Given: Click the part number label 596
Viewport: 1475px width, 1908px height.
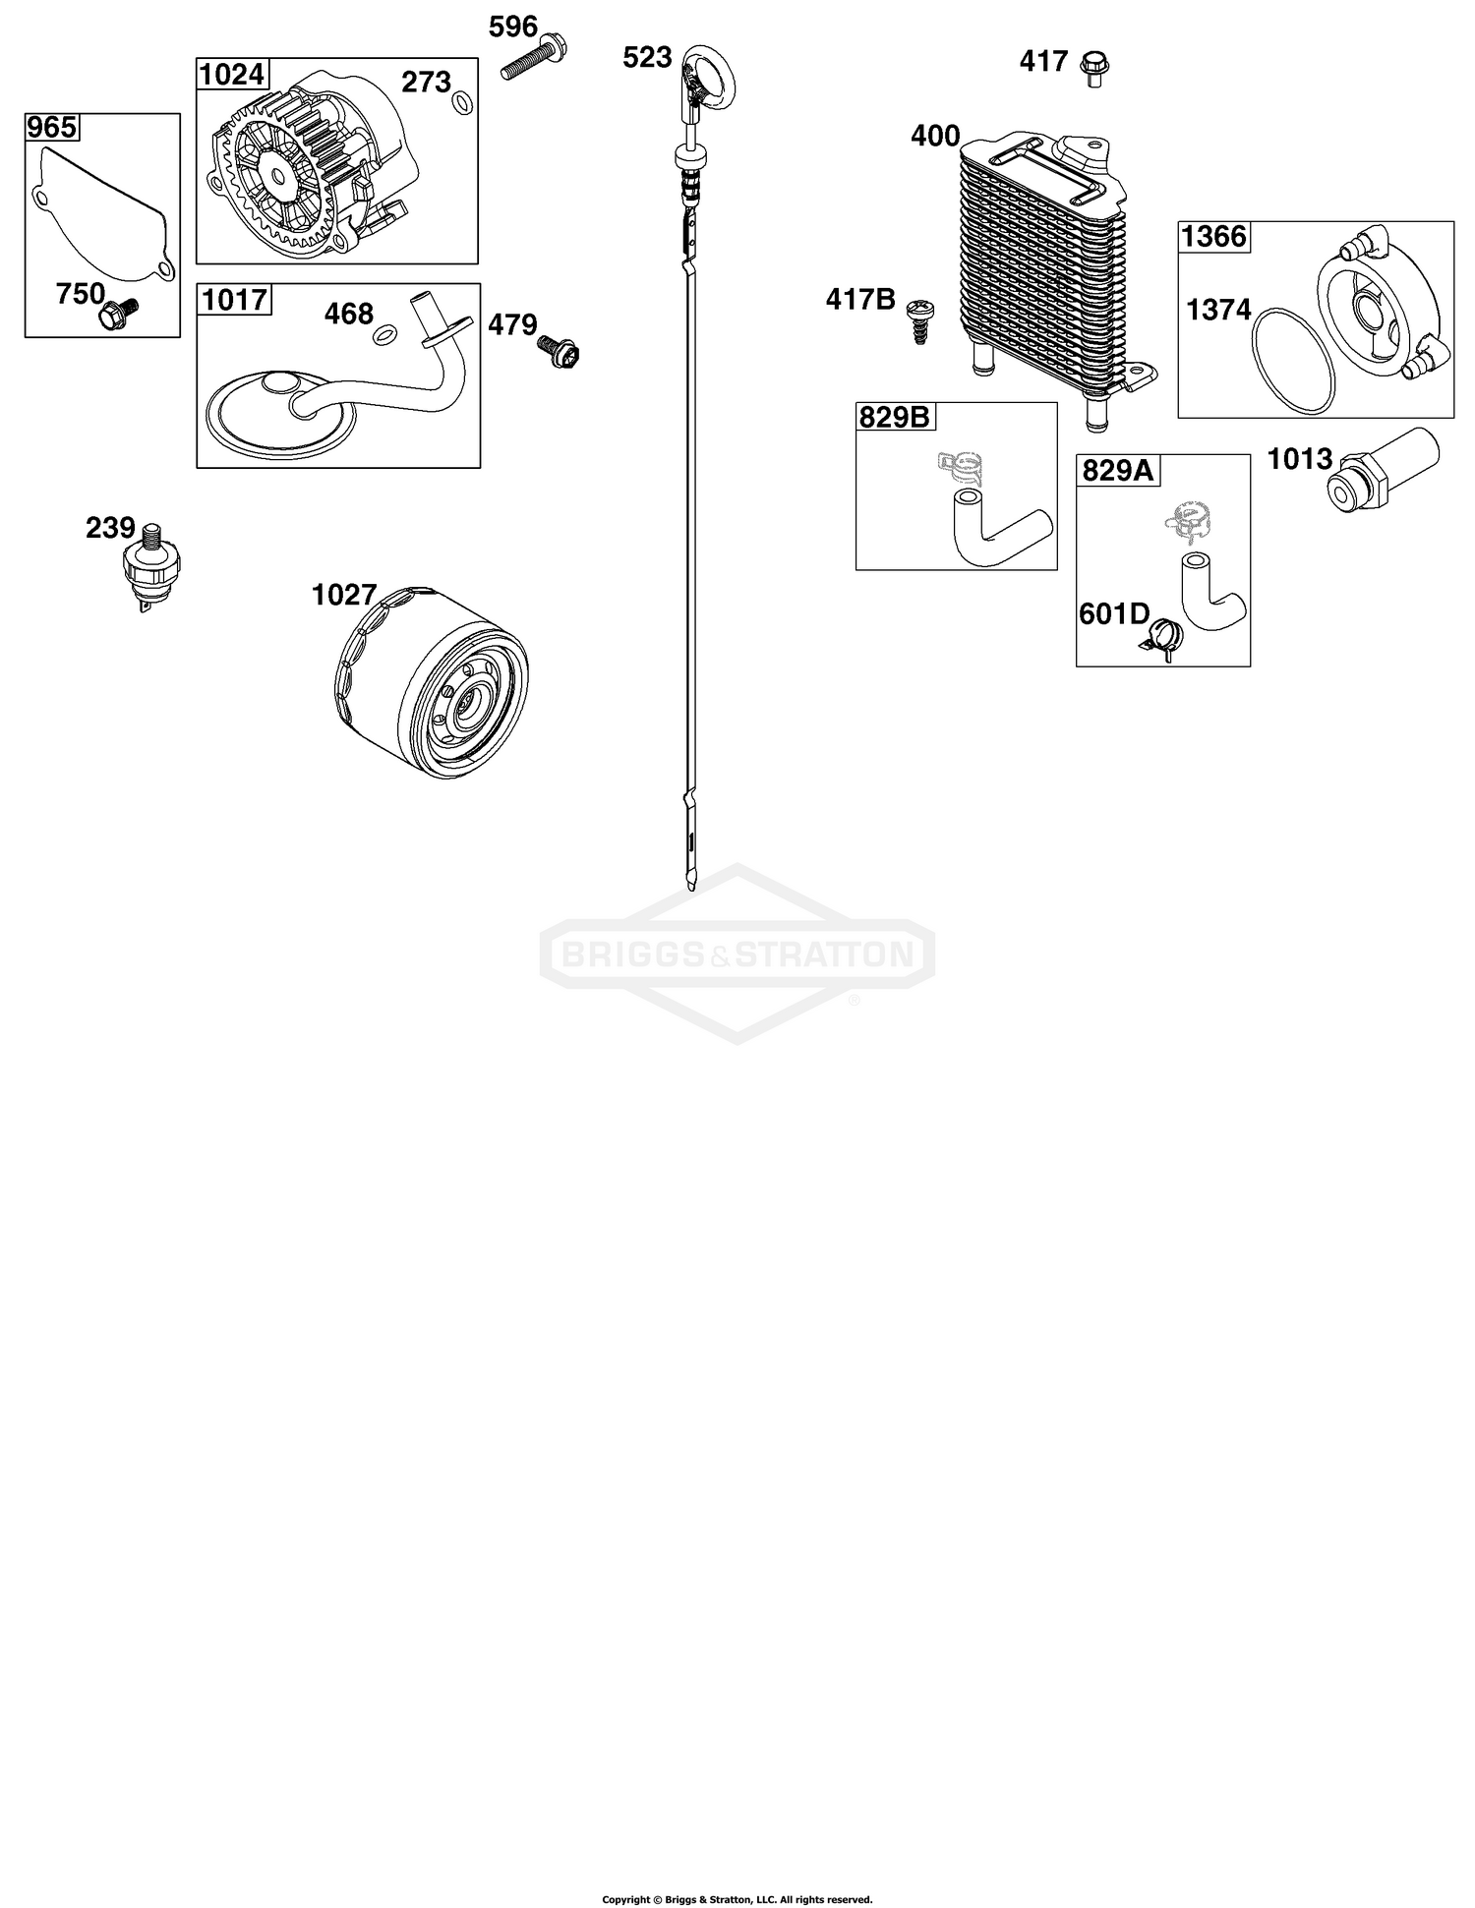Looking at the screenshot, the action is [x=513, y=26].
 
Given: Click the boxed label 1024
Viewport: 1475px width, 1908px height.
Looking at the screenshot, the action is [x=233, y=74].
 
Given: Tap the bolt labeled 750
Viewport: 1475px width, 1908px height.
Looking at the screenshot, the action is [x=118, y=313].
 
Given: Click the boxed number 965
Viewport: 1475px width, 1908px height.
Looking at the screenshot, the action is [x=51, y=128].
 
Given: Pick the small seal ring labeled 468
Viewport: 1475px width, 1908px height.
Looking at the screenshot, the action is [x=384, y=336].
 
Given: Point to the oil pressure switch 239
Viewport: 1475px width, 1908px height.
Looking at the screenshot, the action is [x=145, y=567].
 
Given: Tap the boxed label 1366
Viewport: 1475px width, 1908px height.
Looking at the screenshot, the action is [x=1213, y=237].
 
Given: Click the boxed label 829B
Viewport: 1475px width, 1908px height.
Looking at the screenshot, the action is [x=895, y=418].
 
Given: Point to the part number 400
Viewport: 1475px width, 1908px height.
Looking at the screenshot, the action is [x=935, y=136].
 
